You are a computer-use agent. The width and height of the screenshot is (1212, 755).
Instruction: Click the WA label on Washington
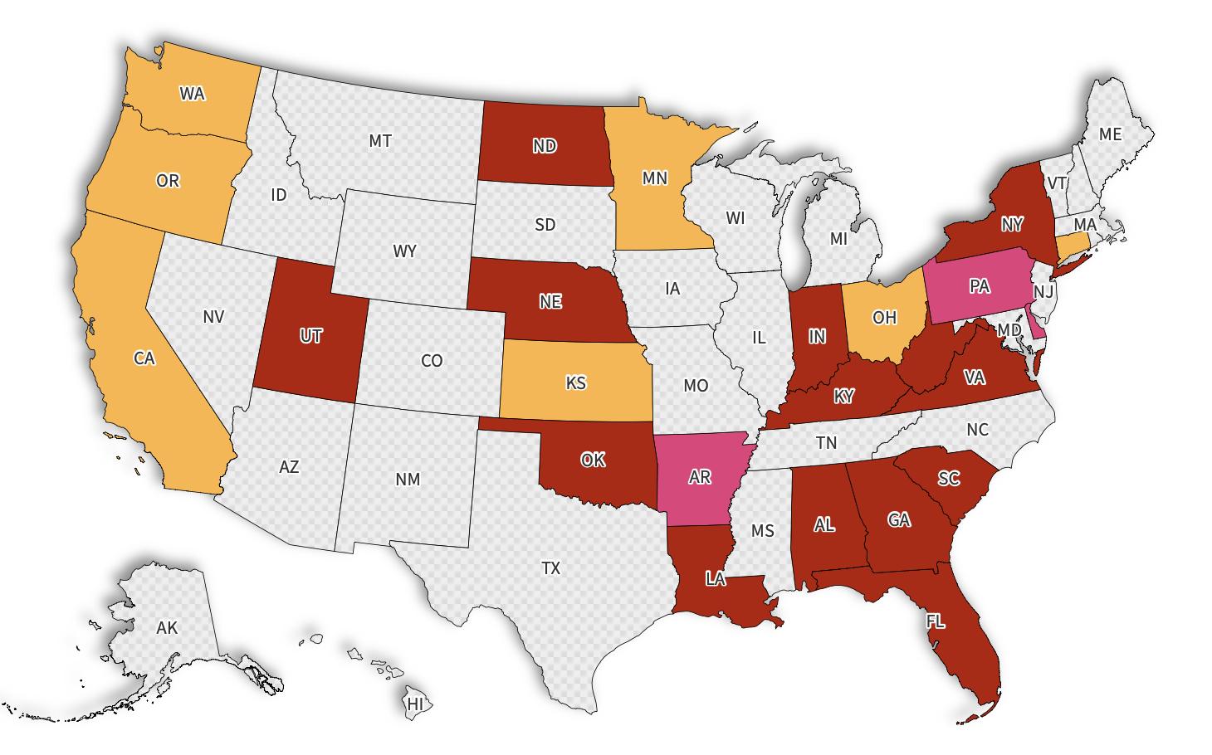pyautogui.click(x=192, y=94)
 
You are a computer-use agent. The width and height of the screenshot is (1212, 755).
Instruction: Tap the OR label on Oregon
pyautogui.click(x=168, y=181)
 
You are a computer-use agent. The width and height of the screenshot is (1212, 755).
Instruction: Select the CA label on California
pyautogui.click(x=144, y=358)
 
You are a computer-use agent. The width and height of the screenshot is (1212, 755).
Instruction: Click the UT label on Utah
pyautogui.click(x=310, y=336)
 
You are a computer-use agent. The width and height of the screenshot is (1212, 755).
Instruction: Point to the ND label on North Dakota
pyautogui.click(x=545, y=146)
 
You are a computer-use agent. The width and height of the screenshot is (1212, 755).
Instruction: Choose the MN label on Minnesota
pyautogui.click(x=655, y=178)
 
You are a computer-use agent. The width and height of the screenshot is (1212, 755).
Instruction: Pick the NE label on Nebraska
pyautogui.click(x=550, y=302)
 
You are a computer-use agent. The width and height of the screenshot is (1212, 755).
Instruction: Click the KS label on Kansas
pyautogui.click(x=575, y=382)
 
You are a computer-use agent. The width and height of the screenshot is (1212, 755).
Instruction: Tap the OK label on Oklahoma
pyautogui.click(x=593, y=460)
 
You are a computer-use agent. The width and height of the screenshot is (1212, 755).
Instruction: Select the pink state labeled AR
pyautogui.click(x=700, y=478)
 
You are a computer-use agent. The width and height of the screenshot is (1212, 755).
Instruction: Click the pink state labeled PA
pyautogui.click(x=980, y=286)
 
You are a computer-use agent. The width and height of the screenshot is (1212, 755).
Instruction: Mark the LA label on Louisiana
pyautogui.click(x=716, y=579)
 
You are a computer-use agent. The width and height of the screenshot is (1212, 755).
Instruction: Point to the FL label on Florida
pyautogui.click(x=936, y=621)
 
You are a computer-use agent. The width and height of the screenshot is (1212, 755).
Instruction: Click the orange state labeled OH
pyautogui.click(x=885, y=317)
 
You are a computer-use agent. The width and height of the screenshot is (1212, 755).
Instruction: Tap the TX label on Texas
pyautogui.click(x=551, y=568)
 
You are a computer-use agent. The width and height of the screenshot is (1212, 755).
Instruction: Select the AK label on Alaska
pyautogui.click(x=167, y=628)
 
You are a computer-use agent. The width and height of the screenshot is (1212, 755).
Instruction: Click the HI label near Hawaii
pyautogui.click(x=415, y=704)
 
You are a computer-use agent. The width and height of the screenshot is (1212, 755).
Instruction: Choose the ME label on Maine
pyautogui.click(x=1110, y=134)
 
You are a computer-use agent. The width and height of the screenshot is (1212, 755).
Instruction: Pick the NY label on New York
pyautogui.click(x=1012, y=224)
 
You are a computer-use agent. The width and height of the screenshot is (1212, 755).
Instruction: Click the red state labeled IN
pyautogui.click(x=818, y=336)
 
